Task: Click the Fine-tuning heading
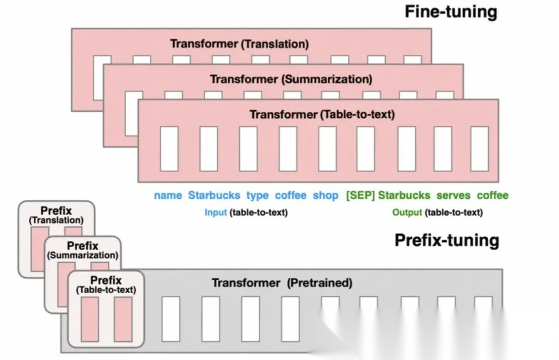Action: (x=450, y=11)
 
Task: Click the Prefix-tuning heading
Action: (x=447, y=240)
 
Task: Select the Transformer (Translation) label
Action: (x=239, y=44)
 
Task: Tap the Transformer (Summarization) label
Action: (x=291, y=79)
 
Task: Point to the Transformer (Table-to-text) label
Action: (x=322, y=114)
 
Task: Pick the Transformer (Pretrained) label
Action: (x=282, y=283)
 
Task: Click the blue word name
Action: (x=168, y=195)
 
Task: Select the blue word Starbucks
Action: (x=214, y=195)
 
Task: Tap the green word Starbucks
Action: (x=404, y=195)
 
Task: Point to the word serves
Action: (x=453, y=195)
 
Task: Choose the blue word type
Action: (x=257, y=195)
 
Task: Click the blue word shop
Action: (x=325, y=195)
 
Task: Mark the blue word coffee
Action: (x=290, y=195)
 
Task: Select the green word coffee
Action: (x=492, y=195)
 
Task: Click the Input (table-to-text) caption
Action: (x=246, y=212)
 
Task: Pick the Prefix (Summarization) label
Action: (x=82, y=250)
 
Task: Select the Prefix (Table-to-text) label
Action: (x=106, y=285)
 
